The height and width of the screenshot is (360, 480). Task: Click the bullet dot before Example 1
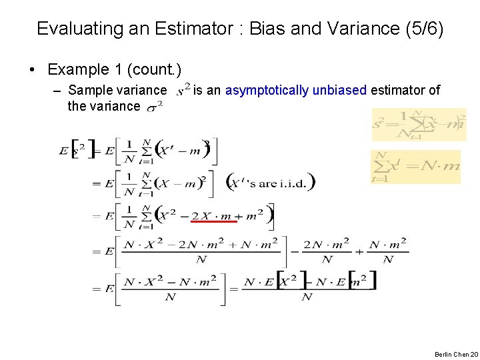click(31, 70)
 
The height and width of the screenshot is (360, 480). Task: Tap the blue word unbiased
click(339, 90)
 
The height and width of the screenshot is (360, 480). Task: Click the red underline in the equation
click(213, 221)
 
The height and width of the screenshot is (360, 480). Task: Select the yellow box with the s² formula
click(419, 125)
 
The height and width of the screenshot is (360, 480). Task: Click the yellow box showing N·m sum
click(416, 167)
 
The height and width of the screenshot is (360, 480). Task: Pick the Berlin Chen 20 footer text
click(456, 354)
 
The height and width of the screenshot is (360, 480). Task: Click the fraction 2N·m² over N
click(327, 251)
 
